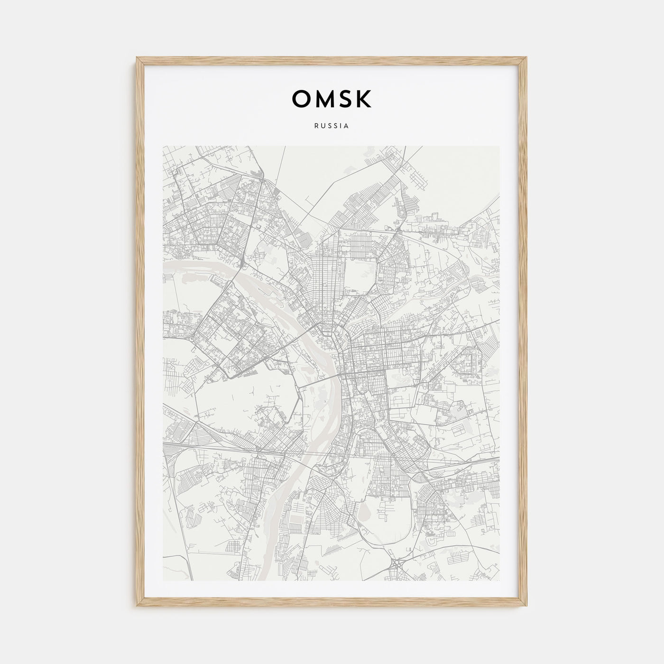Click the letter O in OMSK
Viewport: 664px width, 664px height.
coord(302,99)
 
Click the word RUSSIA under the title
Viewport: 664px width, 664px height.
coord(332,126)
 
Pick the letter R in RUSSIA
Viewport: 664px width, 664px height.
coord(316,126)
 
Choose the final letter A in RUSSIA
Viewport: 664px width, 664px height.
coord(347,126)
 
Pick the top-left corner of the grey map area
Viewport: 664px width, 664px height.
coord(163,146)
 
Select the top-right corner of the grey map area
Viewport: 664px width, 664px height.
coord(500,146)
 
